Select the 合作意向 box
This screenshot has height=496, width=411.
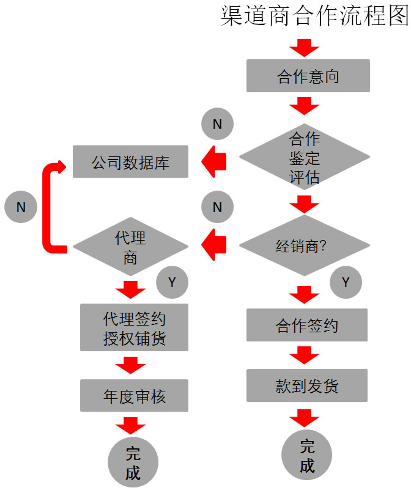point(308,76)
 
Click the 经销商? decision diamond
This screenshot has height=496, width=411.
point(305,247)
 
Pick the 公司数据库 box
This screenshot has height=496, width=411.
point(131,162)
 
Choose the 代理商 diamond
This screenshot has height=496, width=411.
point(131,247)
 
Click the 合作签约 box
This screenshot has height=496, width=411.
point(307,325)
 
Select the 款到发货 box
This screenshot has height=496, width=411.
point(307,385)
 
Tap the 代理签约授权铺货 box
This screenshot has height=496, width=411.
point(134,328)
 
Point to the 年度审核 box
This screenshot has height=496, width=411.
point(134,396)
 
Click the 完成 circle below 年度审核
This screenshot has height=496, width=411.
point(133,462)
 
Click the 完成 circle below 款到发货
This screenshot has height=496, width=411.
point(307,456)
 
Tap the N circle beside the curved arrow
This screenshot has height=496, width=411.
point(21,206)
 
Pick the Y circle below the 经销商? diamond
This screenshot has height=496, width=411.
point(346,282)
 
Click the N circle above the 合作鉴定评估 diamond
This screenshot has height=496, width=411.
point(217,124)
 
